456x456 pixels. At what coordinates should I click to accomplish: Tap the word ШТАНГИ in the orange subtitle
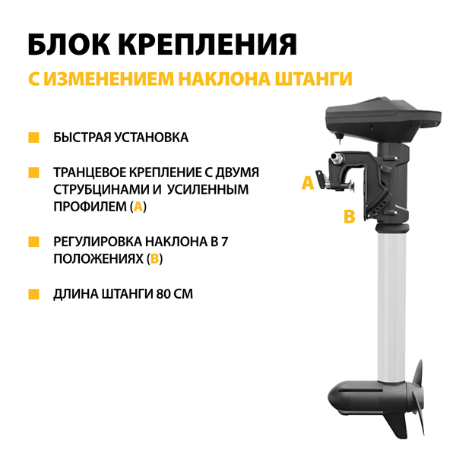[x=314, y=79]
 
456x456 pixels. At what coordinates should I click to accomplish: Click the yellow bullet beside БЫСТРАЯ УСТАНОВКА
[x=33, y=138]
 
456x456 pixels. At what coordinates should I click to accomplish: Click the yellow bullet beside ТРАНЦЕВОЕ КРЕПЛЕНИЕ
[x=33, y=173]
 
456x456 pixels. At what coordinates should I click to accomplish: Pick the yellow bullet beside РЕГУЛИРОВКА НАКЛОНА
[x=33, y=242]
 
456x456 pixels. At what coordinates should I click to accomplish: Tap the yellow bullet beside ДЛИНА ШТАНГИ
[x=33, y=293]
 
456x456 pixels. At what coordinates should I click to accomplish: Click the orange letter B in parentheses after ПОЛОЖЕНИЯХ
[x=155, y=259]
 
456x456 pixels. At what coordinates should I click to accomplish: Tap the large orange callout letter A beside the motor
[x=308, y=183]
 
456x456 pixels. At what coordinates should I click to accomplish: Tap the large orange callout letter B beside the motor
[x=350, y=217]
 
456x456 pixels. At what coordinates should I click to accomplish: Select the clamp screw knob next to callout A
[x=325, y=180]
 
